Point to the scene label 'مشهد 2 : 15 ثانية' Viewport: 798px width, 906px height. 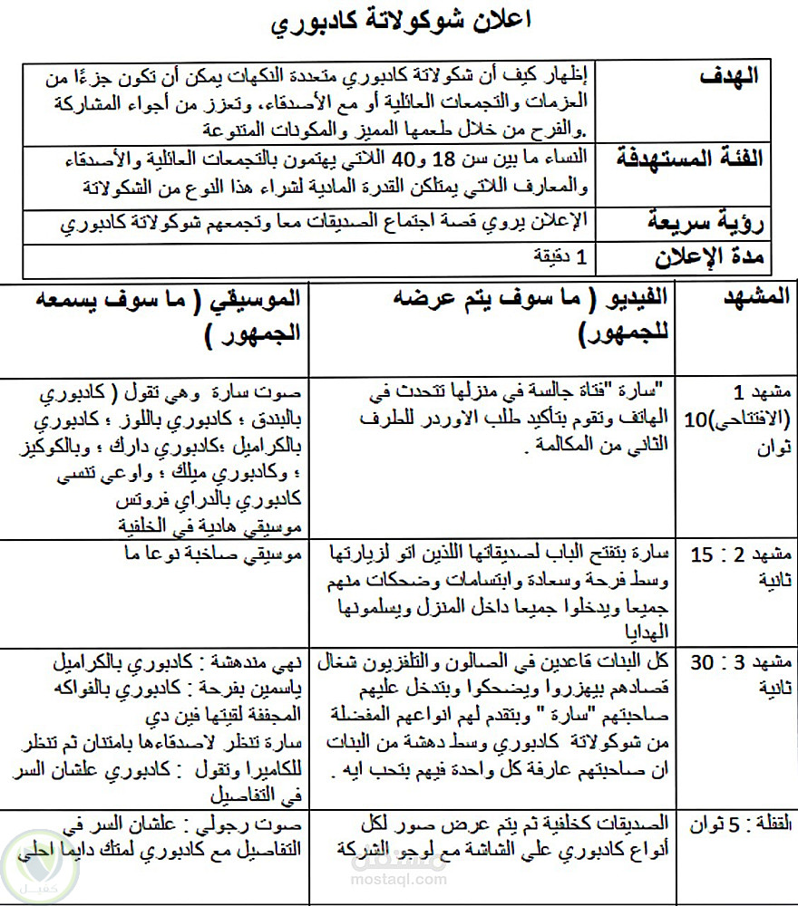(742, 564)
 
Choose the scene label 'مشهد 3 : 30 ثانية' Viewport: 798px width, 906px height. (742, 673)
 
